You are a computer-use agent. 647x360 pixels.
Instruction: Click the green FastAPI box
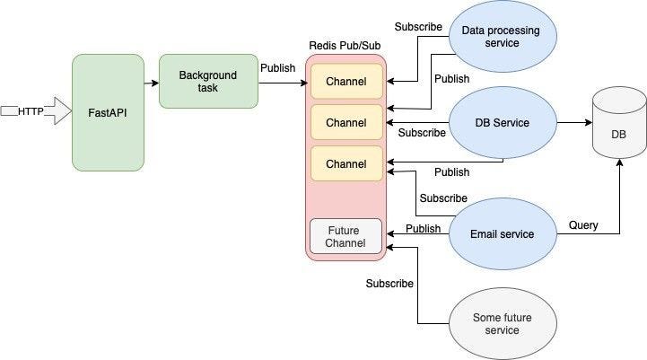click(108, 112)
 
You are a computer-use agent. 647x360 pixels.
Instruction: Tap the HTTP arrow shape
click(36, 111)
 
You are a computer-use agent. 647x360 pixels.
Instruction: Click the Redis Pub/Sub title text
click(345, 46)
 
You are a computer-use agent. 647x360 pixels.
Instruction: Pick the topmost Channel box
click(346, 82)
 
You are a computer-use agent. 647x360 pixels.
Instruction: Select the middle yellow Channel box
click(346, 122)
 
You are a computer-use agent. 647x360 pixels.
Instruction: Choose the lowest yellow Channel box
click(346, 163)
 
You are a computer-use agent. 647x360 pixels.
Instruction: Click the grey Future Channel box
click(346, 236)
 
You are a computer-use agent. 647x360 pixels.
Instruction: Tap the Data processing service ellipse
click(501, 37)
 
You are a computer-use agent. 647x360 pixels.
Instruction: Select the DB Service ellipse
click(502, 123)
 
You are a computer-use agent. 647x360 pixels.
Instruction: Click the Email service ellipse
click(502, 234)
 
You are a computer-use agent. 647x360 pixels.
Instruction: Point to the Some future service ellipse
click(502, 324)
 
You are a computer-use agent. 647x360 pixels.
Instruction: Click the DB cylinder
click(618, 127)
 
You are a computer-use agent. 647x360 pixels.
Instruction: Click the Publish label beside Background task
click(277, 67)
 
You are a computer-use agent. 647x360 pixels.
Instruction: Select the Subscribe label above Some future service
click(389, 284)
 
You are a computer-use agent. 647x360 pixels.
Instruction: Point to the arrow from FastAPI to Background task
click(151, 83)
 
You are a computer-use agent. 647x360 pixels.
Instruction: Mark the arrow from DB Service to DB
click(574, 123)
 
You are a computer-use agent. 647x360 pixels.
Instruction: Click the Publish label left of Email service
click(423, 229)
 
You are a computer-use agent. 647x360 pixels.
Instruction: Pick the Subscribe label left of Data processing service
click(418, 27)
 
